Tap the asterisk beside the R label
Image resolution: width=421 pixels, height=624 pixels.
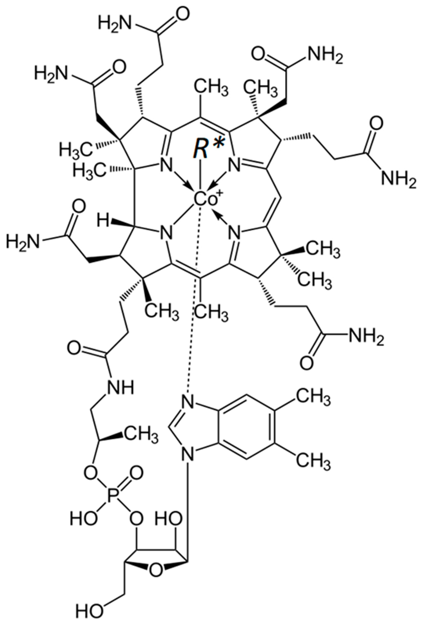[218, 146]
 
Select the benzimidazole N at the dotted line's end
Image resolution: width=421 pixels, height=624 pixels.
[188, 402]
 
